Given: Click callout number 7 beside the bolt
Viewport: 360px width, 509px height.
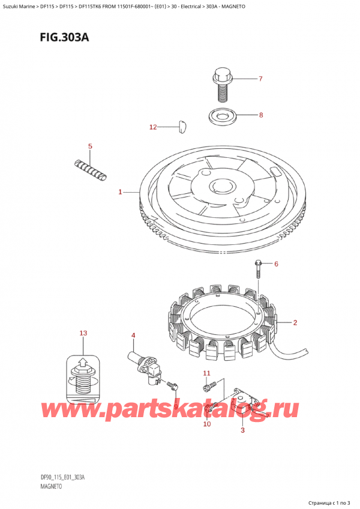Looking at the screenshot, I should click(x=260, y=79).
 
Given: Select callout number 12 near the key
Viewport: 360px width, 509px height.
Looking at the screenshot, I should click(x=153, y=127).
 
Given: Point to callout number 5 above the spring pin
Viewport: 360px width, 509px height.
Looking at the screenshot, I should click(x=90, y=146).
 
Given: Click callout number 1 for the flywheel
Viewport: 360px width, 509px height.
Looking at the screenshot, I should click(x=120, y=192).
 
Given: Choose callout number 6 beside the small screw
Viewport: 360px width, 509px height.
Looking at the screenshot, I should click(x=277, y=264).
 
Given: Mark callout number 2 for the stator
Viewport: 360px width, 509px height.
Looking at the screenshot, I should click(x=295, y=323).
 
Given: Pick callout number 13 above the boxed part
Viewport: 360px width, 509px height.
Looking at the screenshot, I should click(x=83, y=333).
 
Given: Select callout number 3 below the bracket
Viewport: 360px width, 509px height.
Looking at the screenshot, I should click(x=242, y=430).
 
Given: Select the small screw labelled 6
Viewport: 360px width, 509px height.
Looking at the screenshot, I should click(x=258, y=270).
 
